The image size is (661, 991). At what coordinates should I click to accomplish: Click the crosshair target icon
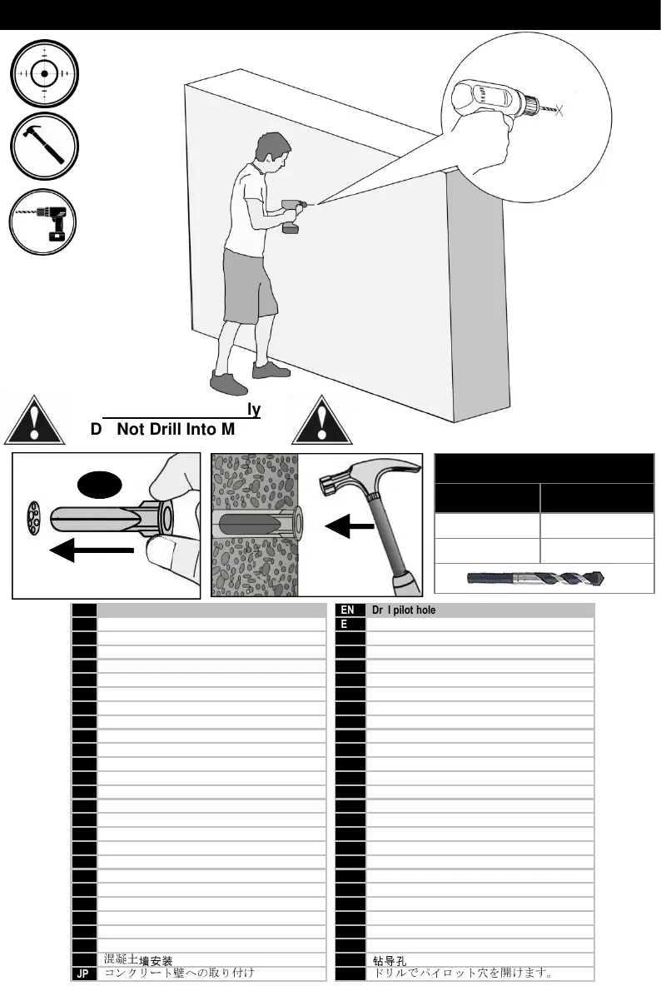click(44, 72)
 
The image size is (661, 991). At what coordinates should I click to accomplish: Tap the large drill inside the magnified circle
click(491, 104)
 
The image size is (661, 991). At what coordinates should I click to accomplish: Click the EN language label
click(349, 610)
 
